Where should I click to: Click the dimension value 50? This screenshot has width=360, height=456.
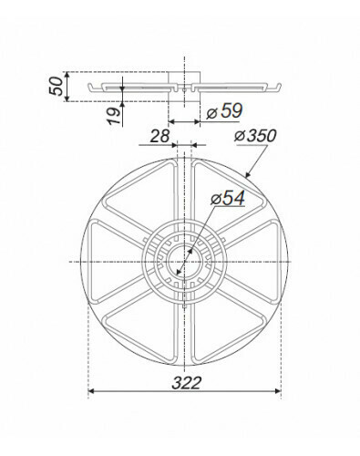coord(57,86)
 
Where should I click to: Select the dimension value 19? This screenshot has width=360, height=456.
coord(114,116)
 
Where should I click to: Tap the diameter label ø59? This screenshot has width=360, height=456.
coord(225,111)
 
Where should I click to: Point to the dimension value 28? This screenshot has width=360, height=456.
coord(159,136)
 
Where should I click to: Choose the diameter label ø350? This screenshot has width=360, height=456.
coord(255,136)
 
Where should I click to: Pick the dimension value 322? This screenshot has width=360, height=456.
coord(187,383)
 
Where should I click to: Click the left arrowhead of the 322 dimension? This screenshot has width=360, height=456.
coord(91,391)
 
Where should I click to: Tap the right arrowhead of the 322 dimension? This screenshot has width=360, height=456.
coord(278,391)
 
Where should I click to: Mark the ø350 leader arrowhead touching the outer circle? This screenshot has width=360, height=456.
coord(247,174)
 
